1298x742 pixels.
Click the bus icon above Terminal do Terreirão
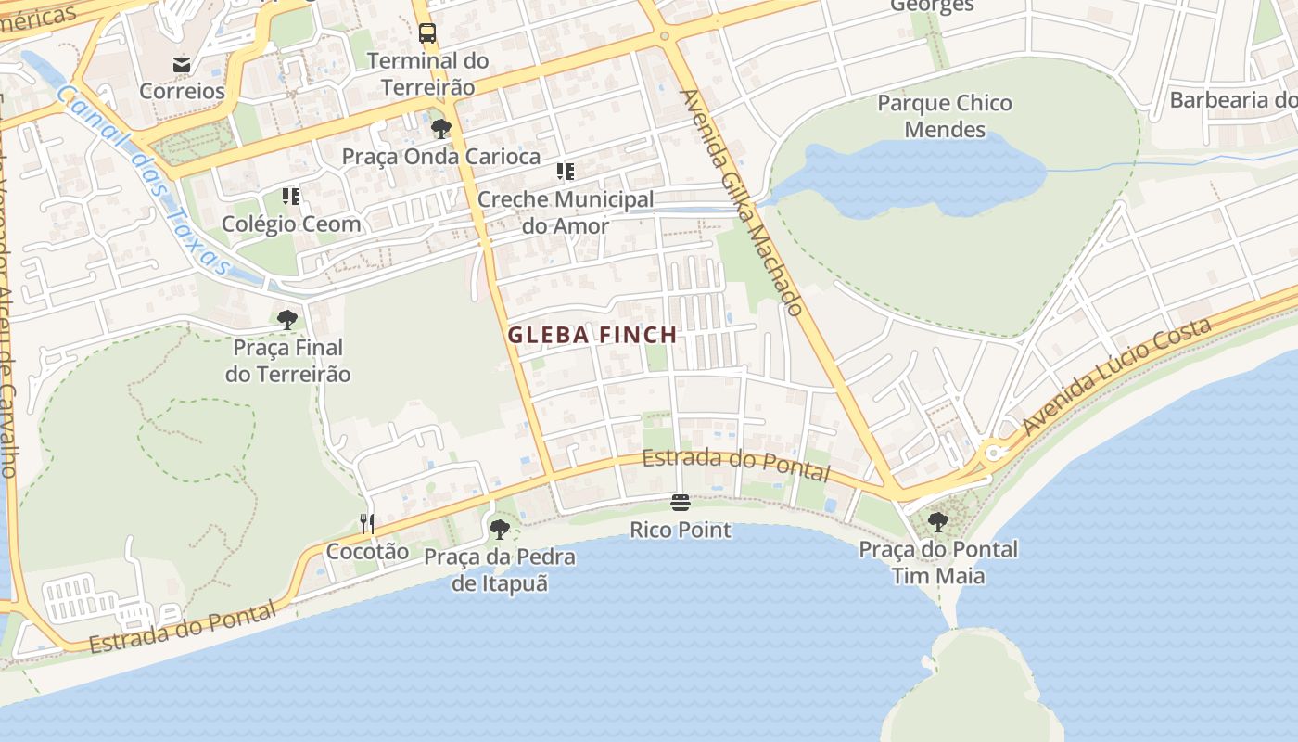(427, 34)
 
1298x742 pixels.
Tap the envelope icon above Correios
(182, 65)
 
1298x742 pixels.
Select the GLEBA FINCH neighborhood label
(592, 335)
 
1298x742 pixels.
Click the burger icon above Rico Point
(681, 504)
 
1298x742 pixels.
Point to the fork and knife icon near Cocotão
(367, 524)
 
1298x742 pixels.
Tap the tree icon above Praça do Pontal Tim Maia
(938, 522)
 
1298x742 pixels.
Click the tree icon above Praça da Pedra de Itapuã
(500, 530)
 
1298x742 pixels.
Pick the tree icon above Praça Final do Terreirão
(287, 320)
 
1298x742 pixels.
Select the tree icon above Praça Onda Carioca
(441, 129)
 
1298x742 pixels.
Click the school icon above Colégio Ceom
(291, 197)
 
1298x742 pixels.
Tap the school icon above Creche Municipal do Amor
(566, 172)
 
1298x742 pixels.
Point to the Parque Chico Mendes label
(945, 116)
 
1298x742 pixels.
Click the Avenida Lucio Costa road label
(1117, 376)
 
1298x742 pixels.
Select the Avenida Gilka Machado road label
(741, 202)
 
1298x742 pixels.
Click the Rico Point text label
(681, 531)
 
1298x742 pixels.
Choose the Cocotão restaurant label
(367, 551)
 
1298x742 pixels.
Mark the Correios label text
(182, 91)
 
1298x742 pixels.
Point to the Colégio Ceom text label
(291, 224)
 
